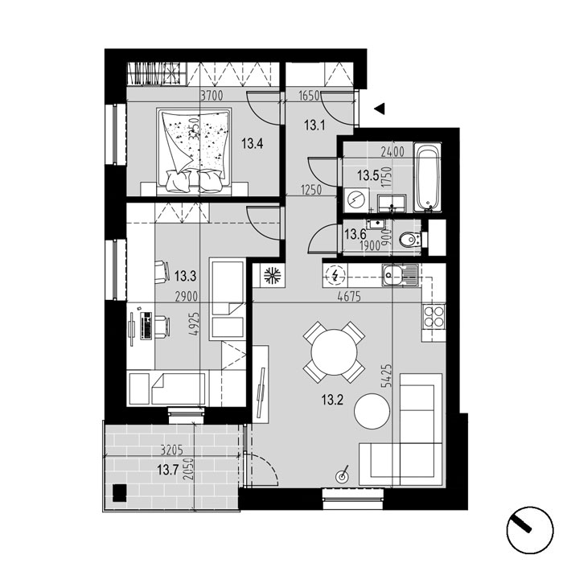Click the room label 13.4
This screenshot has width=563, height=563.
(x=253, y=145)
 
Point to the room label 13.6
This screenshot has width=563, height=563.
(x=355, y=234)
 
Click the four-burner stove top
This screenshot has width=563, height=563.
(x=434, y=315)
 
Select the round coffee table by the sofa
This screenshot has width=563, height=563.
(x=373, y=412)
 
